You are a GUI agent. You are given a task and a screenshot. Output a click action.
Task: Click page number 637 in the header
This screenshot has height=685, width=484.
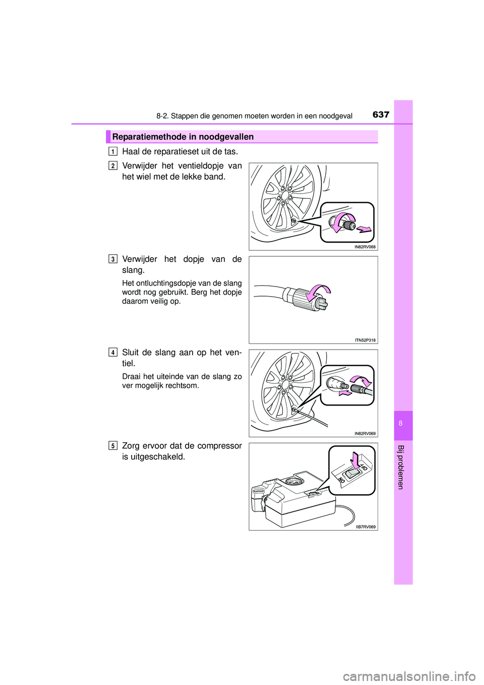pyautogui.click(x=381, y=115)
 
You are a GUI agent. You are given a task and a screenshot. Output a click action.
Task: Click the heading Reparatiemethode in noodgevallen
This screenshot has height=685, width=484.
pyautogui.click(x=183, y=137)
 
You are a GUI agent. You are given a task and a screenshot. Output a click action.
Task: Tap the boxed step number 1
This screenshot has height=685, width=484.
pyautogui.click(x=113, y=151)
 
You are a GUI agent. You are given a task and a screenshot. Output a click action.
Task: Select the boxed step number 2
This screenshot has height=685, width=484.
pyautogui.click(x=113, y=165)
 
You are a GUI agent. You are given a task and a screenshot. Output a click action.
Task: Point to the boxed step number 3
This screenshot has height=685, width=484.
pyautogui.click(x=113, y=259)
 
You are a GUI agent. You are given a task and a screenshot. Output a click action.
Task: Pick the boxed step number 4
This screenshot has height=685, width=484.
pyautogui.click(x=113, y=352)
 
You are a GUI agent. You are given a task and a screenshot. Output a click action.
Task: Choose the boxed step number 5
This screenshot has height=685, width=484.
pyautogui.click(x=113, y=445)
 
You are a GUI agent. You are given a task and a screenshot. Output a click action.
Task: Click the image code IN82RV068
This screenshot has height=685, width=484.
pyautogui.click(x=365, y=247)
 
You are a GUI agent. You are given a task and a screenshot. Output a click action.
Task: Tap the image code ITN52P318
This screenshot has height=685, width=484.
pyautogui.click(x=365, y=340)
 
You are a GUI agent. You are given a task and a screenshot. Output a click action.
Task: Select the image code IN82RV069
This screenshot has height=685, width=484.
pyautogui.click(x=365, y=434)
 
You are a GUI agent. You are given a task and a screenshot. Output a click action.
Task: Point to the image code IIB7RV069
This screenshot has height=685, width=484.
pyautogui.click(x=366, y=527)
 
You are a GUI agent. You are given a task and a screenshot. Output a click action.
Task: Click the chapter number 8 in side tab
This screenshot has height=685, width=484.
pyautogui.click(x=401, y=423)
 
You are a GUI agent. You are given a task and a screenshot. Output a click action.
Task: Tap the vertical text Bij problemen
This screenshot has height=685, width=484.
pyautogui.click(x=401, y=467)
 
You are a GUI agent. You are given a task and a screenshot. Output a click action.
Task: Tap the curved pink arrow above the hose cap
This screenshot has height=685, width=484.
pyautogui.click(x=320, y=291)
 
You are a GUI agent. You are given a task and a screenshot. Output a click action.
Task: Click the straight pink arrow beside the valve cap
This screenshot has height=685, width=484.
pyautogui.click(x=364, y=230)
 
